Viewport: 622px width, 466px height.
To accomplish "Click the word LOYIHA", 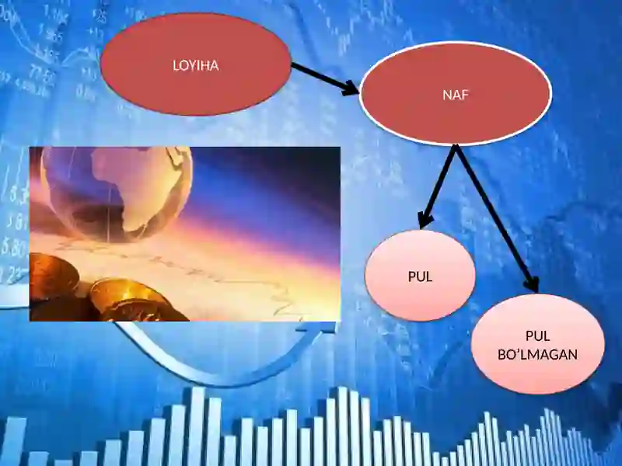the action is coord(196,65).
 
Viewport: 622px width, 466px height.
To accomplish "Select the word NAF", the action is coord(456,95).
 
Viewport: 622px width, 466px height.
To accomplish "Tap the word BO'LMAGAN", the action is coord(537,354).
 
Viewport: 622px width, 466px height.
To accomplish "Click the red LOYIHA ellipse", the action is coord(196,64).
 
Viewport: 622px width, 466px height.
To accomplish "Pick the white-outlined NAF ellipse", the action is coord(456,93).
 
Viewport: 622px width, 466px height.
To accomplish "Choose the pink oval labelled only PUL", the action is coord(420,276).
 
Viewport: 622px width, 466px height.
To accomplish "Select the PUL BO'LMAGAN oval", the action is coord(538,344).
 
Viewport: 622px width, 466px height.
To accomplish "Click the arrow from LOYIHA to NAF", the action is coord(325,79).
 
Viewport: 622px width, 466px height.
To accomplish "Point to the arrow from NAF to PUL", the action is coord(438,186).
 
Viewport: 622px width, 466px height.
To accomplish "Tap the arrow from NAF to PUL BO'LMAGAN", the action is coord(497,219).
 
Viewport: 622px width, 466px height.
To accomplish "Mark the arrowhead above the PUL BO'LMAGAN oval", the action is coord(532,283).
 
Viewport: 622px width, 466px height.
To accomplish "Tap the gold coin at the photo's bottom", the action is coord(135,301).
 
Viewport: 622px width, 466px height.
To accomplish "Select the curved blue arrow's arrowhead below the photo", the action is coord(317,328).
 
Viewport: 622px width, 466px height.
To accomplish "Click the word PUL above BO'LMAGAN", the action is coord(537,336).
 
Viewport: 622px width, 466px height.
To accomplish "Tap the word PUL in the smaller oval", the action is coord(420,276).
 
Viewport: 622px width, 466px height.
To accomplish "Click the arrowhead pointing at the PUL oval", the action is coord(425,220).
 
